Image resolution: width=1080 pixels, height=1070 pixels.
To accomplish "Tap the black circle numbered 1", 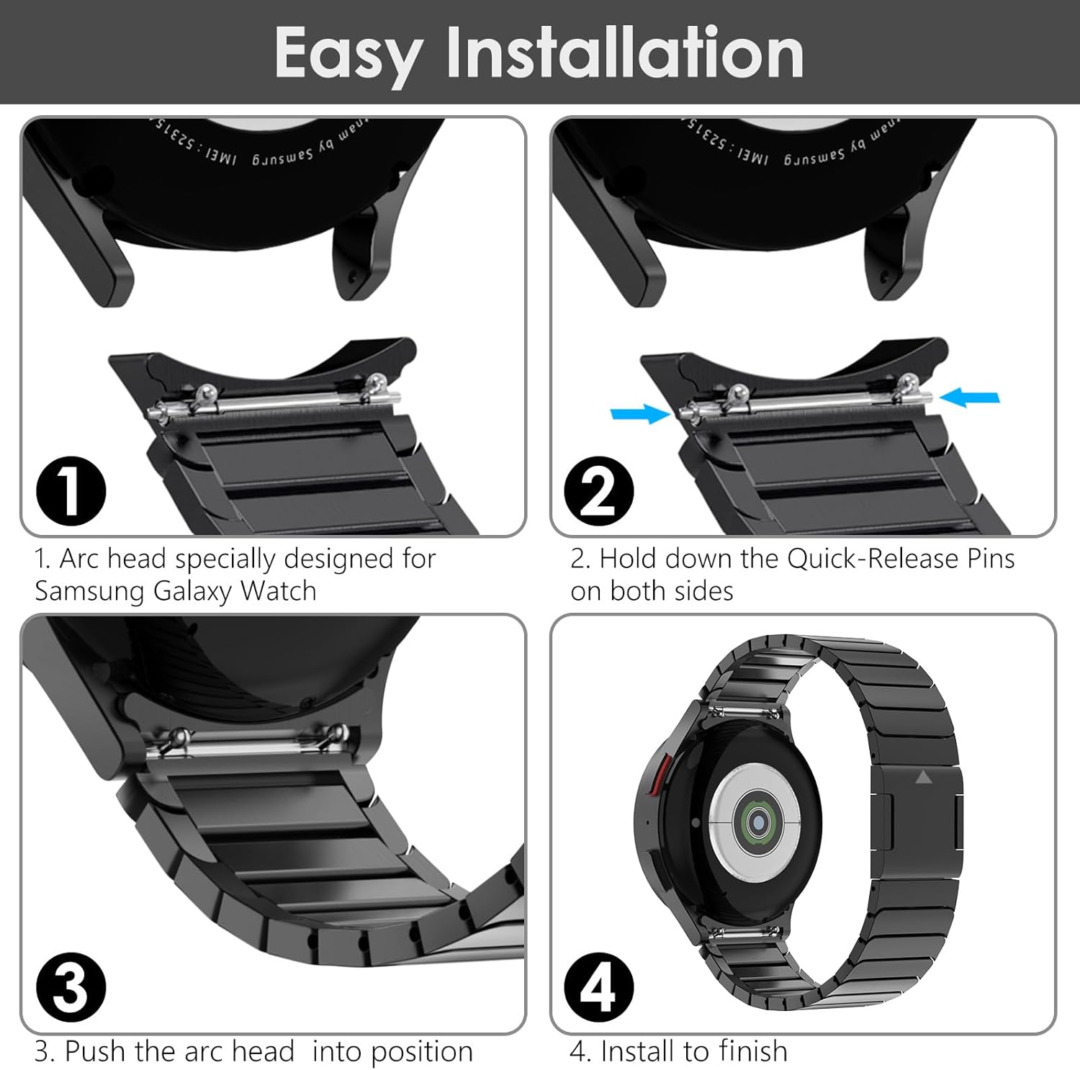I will [71, 492].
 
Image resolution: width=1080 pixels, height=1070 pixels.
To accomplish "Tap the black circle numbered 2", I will [598, 492].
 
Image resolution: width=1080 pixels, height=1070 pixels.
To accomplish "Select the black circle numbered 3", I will [71, 987].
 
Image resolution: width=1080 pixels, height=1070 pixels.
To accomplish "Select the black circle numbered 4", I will [598, 987].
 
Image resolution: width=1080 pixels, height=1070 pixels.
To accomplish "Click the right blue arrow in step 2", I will [971, 397].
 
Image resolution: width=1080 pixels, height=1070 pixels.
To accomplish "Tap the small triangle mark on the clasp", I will [924, 777].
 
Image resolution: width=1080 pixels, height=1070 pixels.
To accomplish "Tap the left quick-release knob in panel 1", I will [207, 392].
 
